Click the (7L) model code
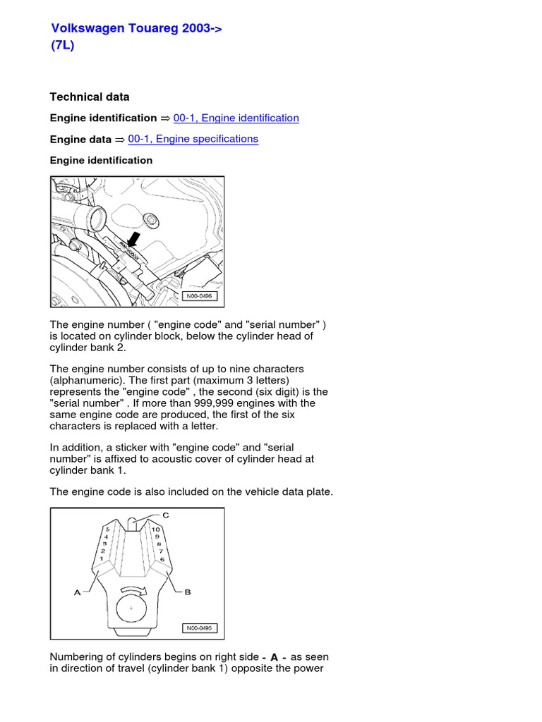[62, 44]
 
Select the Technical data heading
[89, 97]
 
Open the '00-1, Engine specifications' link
[193, 139]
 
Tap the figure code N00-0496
[198, 296]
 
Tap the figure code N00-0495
[200, 628]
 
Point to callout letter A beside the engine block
[78, 593]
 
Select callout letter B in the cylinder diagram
[187, 592]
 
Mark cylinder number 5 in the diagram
[107, 528]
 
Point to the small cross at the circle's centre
[131, 607]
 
